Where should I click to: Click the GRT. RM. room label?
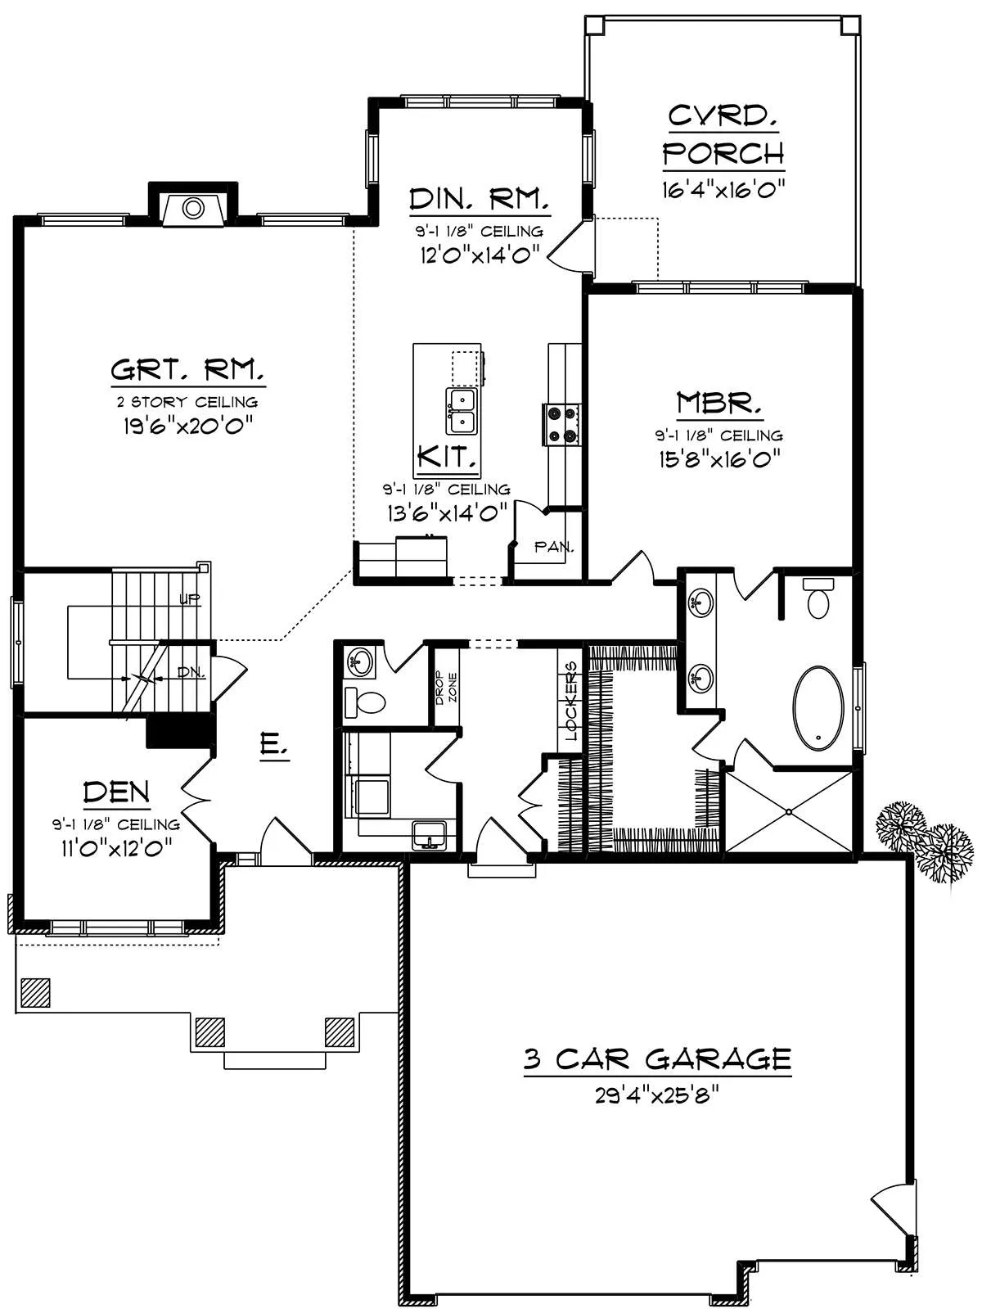coord(187,370)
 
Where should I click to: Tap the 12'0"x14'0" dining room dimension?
coord(479,255)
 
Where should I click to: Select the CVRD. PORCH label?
coord(723,135)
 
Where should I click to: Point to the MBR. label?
coord(719,403)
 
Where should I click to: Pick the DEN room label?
coord(117,792)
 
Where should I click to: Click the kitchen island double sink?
coord(462,412)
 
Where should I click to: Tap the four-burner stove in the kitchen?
coord(561,424)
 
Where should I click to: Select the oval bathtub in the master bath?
coord(818,708)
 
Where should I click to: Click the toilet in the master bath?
coord(818,598)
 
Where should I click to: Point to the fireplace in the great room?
coord(193,208)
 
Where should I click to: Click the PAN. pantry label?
coord(553,546)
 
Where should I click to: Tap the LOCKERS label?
coord(571,700)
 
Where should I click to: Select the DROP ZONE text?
coord(446,688)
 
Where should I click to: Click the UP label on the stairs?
coord(190,599)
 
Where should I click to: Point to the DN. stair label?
coord(191,673)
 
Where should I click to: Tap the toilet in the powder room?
coord(365,702)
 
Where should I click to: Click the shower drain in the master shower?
coord(788,811)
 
